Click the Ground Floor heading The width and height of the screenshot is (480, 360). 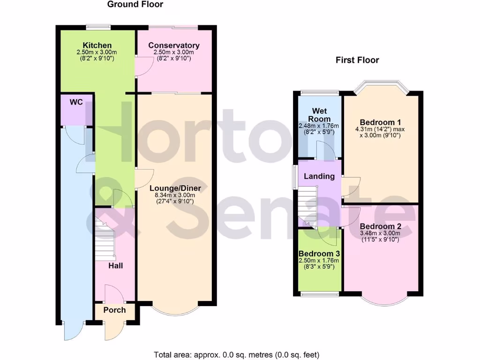click(135, 5)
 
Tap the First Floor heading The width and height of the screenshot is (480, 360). click(357, 60)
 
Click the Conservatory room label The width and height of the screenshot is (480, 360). click(174, 45)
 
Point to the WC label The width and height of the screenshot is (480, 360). click(76, 102)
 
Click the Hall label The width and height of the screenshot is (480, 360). click(116, 265)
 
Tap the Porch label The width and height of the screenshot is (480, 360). click(114, 310)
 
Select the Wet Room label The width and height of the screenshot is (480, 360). click(319, 115)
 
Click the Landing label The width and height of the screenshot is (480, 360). click(319, 176)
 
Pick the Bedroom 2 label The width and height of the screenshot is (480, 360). click(381, 226)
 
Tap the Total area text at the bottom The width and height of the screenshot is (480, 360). click(237, 354)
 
